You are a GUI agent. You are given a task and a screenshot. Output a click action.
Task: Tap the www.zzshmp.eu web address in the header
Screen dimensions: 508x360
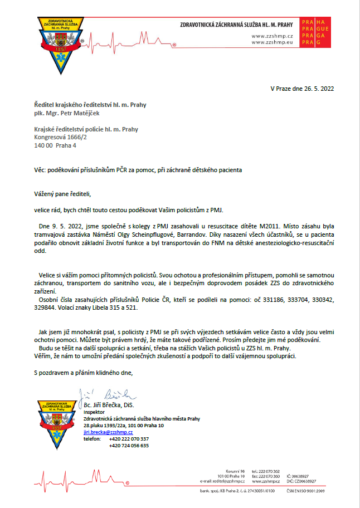click(272, 42)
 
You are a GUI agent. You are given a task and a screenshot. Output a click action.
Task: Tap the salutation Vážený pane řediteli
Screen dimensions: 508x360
click(62, 194)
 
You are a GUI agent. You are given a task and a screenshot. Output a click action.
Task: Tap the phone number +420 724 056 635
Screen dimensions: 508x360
click(129, 446)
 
